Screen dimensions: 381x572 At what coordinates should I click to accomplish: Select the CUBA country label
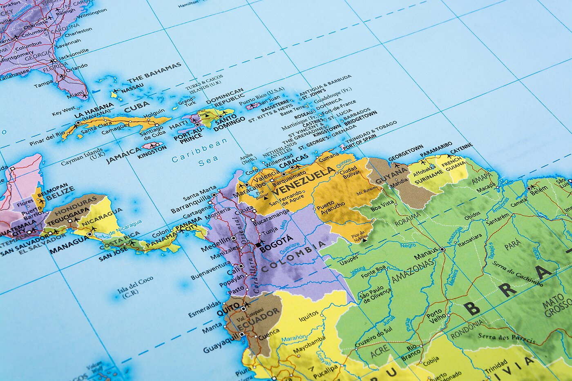point(137,108)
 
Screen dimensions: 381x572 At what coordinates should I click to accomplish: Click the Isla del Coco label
point(135,284)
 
